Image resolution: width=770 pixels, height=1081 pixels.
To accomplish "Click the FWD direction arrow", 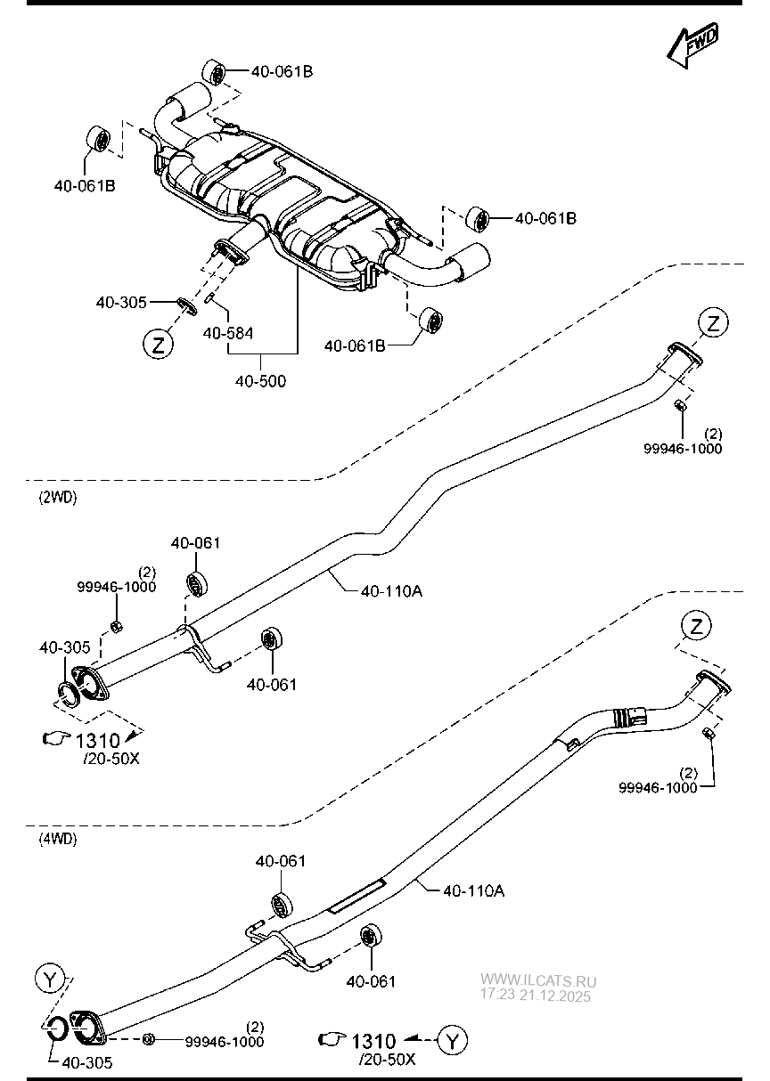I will [x=692, y=46].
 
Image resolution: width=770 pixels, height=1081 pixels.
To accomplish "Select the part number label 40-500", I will [x=260, y=381].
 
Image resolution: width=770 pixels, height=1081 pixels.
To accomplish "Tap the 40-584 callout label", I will [x=228, y=333].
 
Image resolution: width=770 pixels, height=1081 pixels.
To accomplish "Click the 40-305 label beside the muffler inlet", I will [x=121, y=303].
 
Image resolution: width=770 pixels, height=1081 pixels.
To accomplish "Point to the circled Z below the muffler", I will [x=158, y=345].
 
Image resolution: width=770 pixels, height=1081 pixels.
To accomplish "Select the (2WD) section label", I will [x=58, y=498].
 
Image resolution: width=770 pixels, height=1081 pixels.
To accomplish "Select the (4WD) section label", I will [x=58, y=838].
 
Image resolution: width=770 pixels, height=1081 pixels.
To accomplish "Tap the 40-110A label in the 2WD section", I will [x=391, y=589].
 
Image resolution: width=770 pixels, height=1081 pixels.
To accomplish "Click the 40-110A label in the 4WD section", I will [x=473, y=890].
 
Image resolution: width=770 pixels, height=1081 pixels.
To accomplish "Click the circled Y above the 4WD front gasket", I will [x=52, y=980].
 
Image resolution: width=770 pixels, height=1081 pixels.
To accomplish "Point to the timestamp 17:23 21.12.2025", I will [x=536, y=996].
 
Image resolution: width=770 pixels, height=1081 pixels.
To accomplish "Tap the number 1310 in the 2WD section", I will [x=98, y=739].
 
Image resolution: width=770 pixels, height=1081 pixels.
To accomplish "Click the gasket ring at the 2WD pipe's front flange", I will [x=68, y=692].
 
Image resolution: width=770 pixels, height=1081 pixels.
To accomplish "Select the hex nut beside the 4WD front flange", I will [x=149, y=1039].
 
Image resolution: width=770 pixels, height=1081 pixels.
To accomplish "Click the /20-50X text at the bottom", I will [x=387, y=1060].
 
